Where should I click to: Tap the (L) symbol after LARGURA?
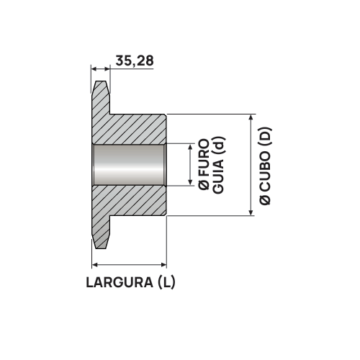click(165, 283)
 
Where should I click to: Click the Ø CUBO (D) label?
click(265, 165)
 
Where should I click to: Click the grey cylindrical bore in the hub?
click(130, 165)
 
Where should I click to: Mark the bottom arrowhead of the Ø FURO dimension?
click(190, 182)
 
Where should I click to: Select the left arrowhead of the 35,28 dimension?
click(94, 69)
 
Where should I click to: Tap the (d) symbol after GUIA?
click(219, 148)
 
